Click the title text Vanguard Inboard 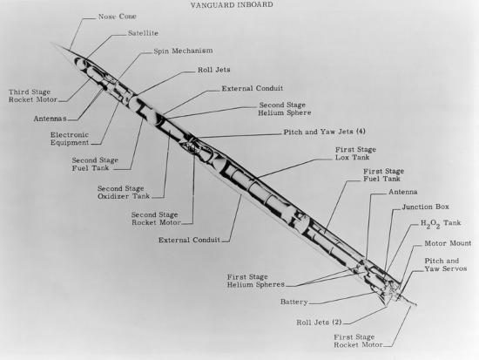click(232, 5)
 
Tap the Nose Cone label click(118, 17)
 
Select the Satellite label click(143, 33)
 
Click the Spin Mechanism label click(183, 51)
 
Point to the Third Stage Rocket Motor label click(33, 96)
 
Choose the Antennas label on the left click(51, 119)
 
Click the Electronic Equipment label click(70, 139)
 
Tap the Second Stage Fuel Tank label click(95, 164)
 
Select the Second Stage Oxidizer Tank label click(124, 193)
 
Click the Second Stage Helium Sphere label click(285, 109)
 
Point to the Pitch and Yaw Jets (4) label click(325, 132)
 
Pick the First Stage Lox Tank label click(355, 153)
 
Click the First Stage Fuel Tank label click(383, 175)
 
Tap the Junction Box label click(426, 207)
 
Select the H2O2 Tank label click(441, 224)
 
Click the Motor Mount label click(448, 243)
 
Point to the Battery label click(293, 302)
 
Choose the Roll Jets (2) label click(319, 323)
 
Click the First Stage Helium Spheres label click(256, 281)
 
